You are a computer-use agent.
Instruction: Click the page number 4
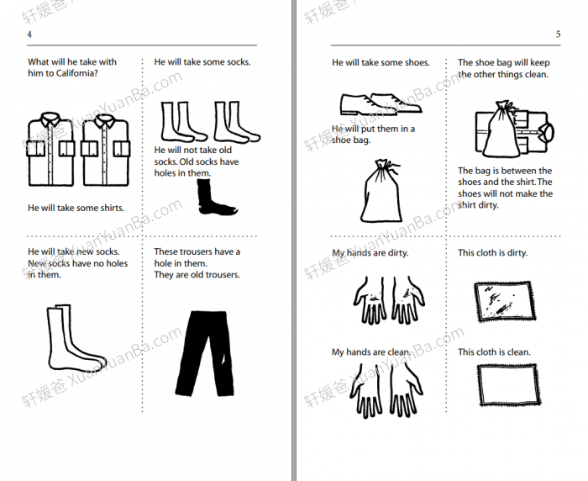click(x=29, y=34)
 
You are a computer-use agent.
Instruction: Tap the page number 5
click(x=558, y=34)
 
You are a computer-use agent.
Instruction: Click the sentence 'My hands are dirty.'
click(x=371, y=253)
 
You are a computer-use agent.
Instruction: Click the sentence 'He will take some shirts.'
click(x=76, y=208)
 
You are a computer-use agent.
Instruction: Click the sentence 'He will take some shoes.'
click(x=381, y=62)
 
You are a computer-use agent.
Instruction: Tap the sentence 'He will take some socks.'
click(x=202, y=61)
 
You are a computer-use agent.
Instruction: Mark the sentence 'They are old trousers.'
click(x=197, y=275)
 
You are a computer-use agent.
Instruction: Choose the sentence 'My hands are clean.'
click(x=371, y=352)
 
